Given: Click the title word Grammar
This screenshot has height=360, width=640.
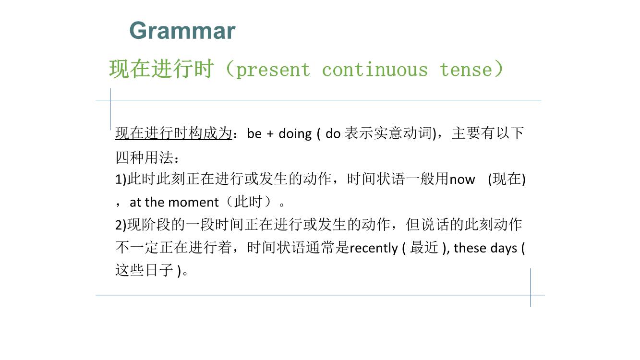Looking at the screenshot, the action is pos(182,31).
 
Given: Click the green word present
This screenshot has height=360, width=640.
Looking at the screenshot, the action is pos(273,70).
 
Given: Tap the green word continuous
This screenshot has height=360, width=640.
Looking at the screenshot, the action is pos(375,69).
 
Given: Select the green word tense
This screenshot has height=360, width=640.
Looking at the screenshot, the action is pos(466,70).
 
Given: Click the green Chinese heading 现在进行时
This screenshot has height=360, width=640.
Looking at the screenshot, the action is pos(161,69).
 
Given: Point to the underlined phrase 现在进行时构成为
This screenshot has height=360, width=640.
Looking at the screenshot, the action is pos(173,133).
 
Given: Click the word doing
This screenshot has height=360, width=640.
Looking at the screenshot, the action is pos(295,134).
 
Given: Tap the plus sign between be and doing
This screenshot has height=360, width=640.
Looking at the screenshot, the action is pos(270,134).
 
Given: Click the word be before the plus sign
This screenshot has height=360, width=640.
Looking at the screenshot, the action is pos(254,133).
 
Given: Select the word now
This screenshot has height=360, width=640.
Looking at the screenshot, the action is pos(462,180).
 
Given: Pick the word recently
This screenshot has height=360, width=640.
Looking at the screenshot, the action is pos(374,248).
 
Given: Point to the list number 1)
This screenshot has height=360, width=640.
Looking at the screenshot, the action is pos(121,180).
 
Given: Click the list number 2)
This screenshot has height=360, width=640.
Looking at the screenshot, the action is pos(121,225).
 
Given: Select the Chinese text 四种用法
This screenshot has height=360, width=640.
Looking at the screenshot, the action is pos(145,157).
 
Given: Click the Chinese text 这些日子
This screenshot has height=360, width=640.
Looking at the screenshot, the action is pos(145,270).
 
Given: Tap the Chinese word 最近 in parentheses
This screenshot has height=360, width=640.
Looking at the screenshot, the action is pos(424,247).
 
